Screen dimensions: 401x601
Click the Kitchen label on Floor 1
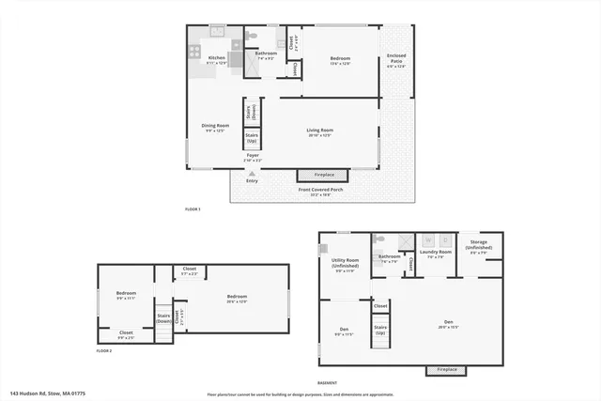pyautogui.click(x=217, y=60)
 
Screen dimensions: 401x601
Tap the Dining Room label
pyautogui.click(x=215, y=128)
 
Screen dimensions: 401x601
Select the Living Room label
pyautogui.click(x=319, y=133)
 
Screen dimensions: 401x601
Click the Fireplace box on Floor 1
pyautogui.click(x=322, y=176)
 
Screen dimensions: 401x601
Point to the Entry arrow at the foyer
pyautogui.click(x=252, y=174)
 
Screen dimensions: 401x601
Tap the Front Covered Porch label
pyautogui.click(x=321, y=192)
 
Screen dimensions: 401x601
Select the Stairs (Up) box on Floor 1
pyautogui.click(x=252, y=137)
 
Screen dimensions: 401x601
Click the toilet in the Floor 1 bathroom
pyautogui.click(x=250, y=37)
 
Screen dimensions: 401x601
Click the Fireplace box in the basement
pyautogui.click(x=446, y=370)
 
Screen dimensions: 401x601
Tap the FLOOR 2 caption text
pyautogui.click(x=103, y=350)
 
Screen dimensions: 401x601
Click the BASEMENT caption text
pyautogui.click(x=327, y=383)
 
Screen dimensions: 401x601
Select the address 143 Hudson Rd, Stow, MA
pyautogui.click(x=48, y=393)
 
